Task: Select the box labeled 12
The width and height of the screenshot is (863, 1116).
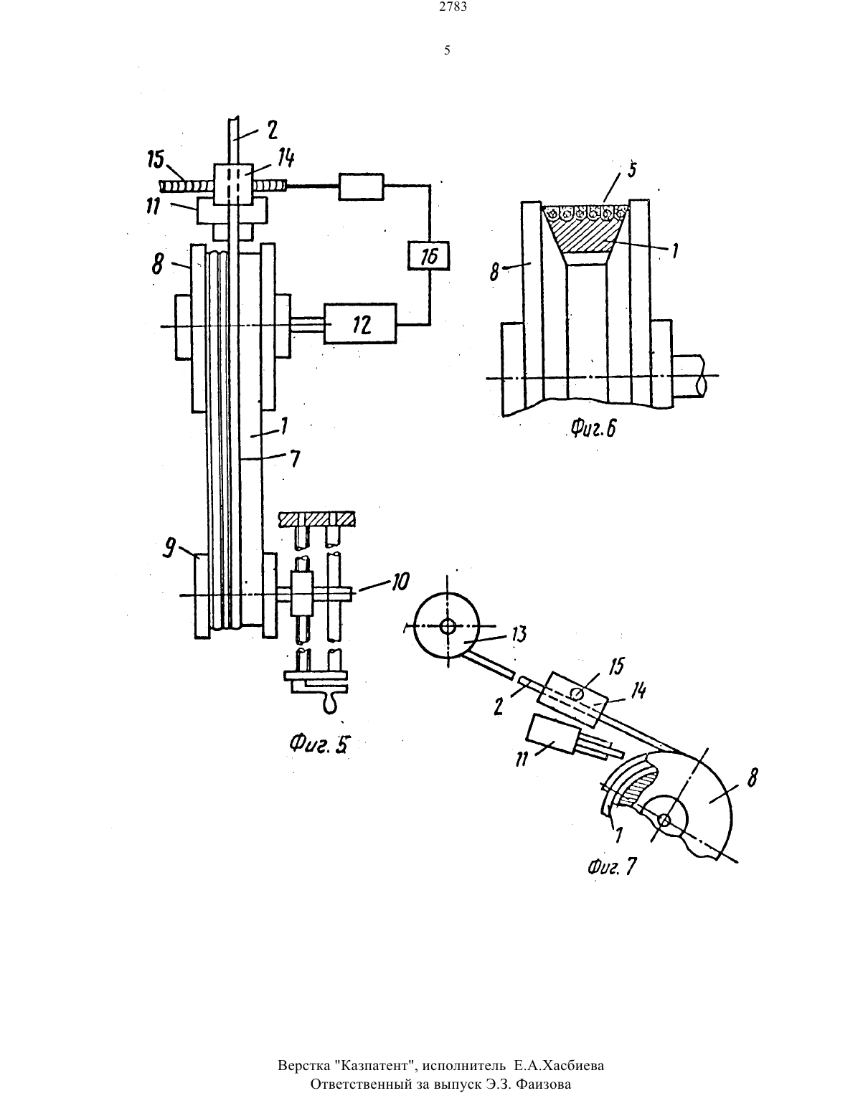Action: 360,323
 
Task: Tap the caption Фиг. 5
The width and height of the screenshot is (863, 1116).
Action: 319,744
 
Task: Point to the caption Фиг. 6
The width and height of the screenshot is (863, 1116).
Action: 593,427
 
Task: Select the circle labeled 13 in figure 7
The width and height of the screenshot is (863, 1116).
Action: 446,625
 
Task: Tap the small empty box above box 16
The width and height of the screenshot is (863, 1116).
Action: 361,187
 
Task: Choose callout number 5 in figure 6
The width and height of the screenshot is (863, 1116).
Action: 632,169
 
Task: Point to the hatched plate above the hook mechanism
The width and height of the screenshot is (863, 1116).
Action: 316,519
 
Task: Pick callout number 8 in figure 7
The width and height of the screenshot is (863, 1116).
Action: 752,778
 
